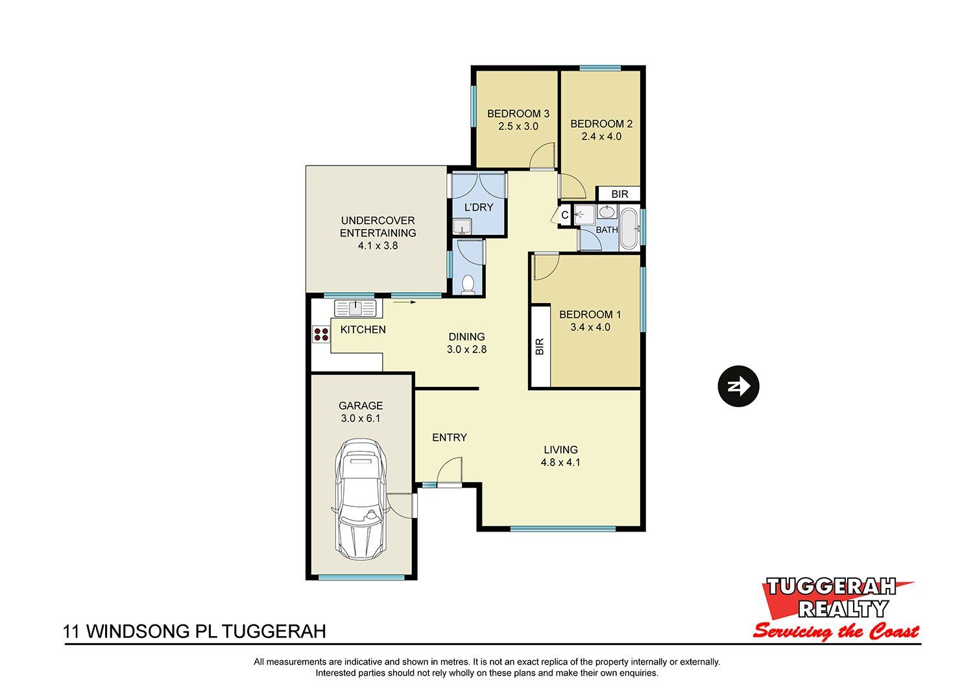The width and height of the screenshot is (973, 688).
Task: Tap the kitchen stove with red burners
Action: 322,334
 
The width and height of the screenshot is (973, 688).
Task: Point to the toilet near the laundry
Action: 468,285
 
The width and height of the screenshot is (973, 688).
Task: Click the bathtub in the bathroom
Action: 629,228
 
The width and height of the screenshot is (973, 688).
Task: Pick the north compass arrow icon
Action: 738,386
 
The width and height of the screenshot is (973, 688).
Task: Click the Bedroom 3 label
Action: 518,114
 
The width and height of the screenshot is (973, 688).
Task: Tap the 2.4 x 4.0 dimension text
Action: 601,136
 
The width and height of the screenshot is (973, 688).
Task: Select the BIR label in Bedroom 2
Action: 619,194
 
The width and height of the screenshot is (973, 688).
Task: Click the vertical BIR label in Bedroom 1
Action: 540,347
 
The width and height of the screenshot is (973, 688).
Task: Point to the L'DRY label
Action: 479,207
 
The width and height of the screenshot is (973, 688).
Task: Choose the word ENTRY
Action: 449,437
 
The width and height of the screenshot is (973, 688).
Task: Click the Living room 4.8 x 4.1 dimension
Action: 560,462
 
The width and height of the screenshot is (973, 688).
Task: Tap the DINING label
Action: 466,336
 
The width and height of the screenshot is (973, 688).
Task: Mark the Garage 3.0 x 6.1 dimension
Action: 361,418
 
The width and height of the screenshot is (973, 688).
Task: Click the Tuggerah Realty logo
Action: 837,609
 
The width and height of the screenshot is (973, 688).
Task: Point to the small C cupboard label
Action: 565,215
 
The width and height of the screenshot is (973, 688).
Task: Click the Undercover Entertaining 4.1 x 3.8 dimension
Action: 378,245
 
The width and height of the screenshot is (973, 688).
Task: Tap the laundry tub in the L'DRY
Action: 462,227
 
